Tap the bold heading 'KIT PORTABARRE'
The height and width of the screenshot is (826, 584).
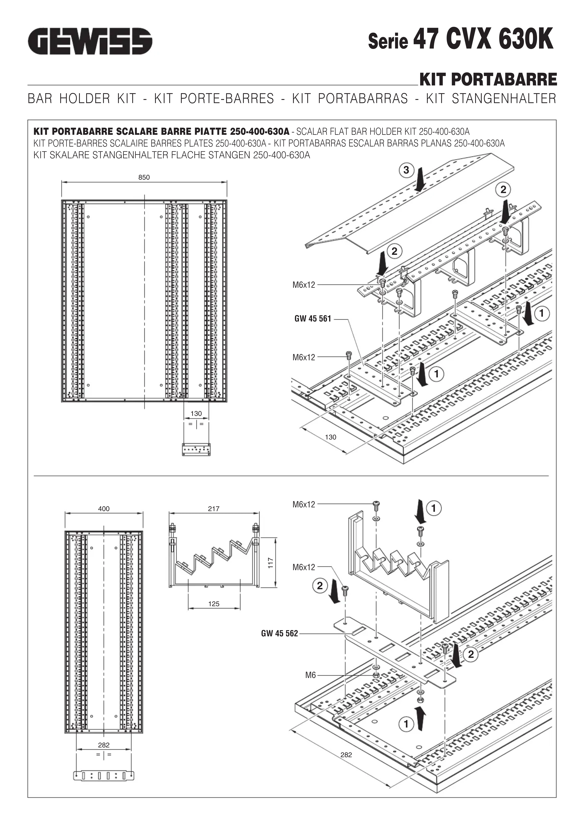pyautogui.click(x=488, y=80)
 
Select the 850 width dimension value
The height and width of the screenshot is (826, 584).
pyautogui.click(x=144, y=177)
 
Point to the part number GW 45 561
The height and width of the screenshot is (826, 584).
pyautogui.click(x=313, y=319)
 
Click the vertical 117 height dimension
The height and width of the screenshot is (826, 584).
pyautogui.click(x=271, y=563)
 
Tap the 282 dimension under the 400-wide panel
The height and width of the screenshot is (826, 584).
pyautogui.click(x=104, y=745)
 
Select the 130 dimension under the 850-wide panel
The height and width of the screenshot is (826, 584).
pyautogui.click(x=196, y=414)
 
